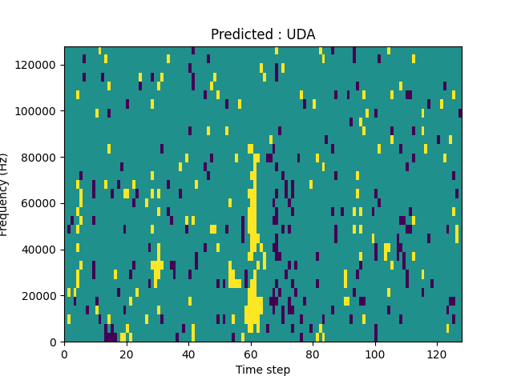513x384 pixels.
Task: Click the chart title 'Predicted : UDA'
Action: coord(263,34)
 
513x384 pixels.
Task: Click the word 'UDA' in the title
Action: coord(301,34)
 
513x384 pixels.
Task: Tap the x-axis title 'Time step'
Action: coord(263,370)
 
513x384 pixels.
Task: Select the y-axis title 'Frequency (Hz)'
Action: coord(5,194)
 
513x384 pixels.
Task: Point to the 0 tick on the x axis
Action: coord(64,353)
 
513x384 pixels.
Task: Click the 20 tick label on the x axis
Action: coord(127,353)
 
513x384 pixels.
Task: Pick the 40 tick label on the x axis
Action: coord(188,353)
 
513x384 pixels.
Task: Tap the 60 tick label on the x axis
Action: coord(251,353)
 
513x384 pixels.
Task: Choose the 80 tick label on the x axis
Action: coord(313,353)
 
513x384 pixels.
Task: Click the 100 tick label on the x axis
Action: coord(375,353)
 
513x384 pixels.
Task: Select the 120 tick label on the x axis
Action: coord(437,353)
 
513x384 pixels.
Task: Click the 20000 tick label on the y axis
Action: coord(42,296)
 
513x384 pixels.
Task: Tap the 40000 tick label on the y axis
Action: coord(42,250)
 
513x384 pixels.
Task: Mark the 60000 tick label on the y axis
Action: coord(42,203)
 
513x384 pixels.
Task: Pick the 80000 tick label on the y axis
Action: coord(42,157)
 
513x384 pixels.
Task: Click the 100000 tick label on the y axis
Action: coord(38,110)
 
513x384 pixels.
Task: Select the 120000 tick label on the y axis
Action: coord(38,64)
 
